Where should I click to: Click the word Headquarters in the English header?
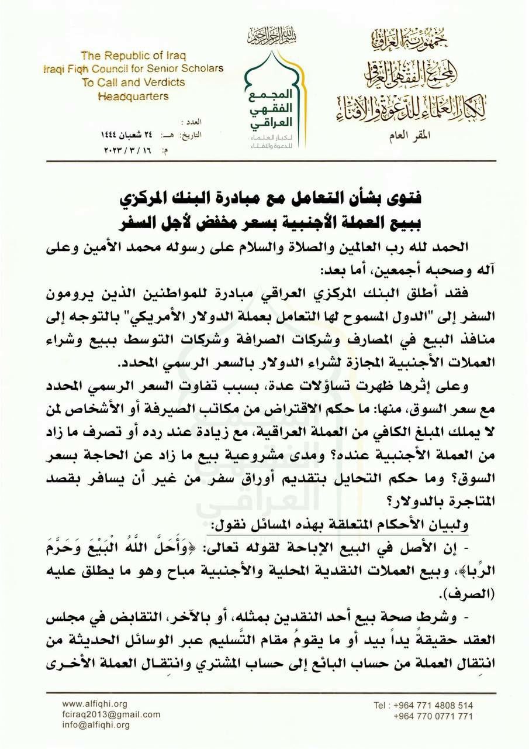[x=133, y=96]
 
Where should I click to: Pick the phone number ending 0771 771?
[x=433, y=716]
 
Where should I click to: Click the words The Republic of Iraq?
[x=133, y=56]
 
